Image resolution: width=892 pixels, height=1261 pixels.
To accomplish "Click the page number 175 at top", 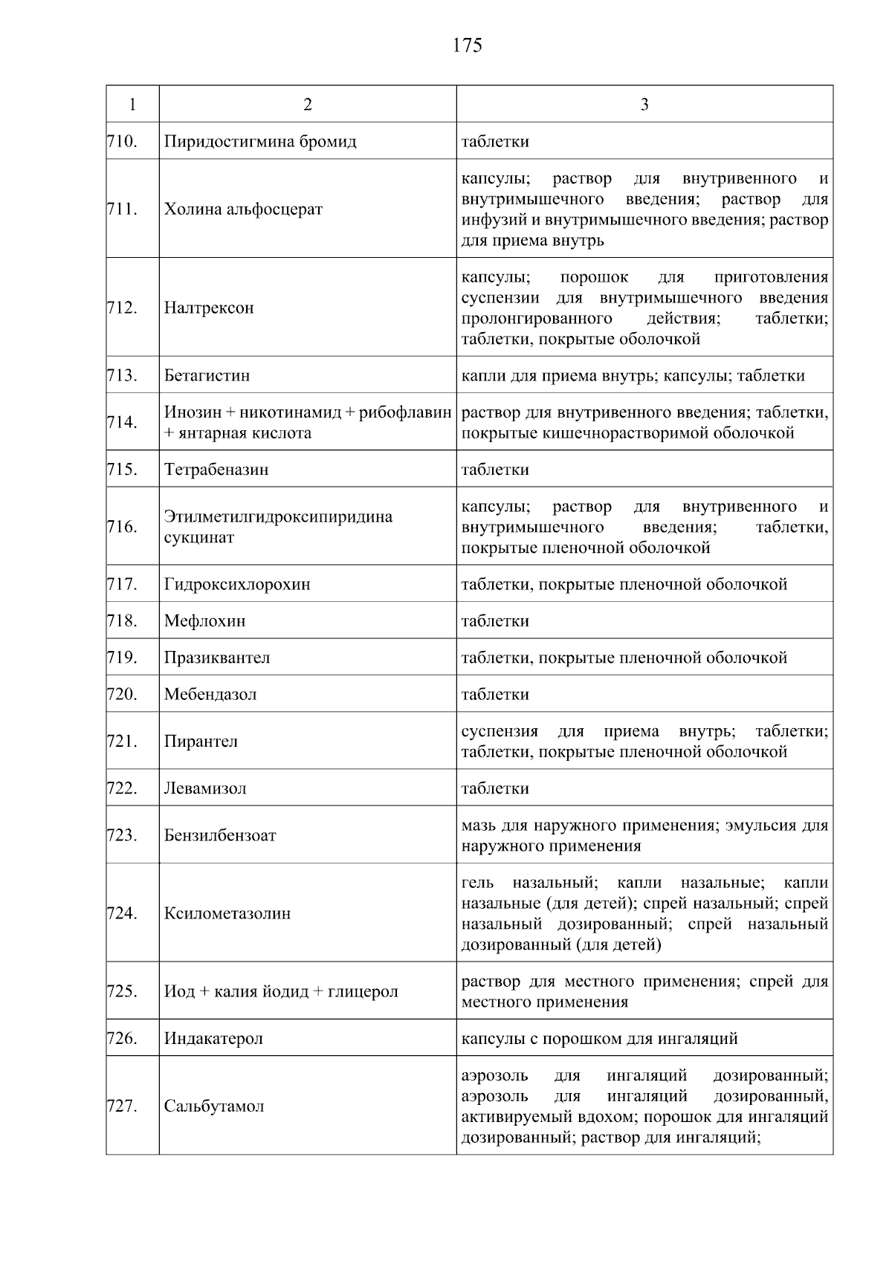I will (x=467, y=46).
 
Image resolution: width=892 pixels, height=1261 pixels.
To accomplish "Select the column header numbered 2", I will (x=308, y=104).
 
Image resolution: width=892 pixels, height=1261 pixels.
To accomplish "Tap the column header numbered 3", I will (x=644, y=104).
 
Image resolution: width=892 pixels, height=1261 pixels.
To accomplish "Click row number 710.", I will (x=123, y=141).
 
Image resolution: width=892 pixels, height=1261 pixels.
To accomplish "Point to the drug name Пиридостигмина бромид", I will (x=260, y=141).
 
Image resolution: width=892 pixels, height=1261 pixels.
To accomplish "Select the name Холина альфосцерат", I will (x=243, y=209).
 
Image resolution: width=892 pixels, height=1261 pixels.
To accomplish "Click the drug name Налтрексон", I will (x=209, y=308).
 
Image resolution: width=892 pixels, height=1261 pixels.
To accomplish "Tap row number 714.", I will (x=123, y=422).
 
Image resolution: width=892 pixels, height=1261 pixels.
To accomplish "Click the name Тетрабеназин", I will (x=216, y=470).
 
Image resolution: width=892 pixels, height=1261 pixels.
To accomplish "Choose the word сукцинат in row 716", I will (x=198, y=537).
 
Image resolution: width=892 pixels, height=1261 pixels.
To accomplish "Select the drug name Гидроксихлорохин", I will (x=237, y=584).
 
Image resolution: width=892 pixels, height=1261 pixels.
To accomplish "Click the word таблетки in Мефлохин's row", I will (x=495, y=620).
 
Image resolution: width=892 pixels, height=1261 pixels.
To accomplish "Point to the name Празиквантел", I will (x=217, y=658).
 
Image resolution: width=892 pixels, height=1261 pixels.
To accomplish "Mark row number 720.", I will (x=123, y=694).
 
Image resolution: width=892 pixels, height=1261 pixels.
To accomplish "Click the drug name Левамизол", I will (x=205, y=788).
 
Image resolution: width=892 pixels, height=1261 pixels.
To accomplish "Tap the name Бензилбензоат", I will (x=220, y=835).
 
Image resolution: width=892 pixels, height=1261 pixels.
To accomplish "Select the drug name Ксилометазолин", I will (x=227, y=913).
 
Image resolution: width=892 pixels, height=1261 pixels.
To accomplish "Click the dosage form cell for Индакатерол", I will (x=599, y=1038).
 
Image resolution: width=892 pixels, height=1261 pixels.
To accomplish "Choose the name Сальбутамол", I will (x=214, y=1106).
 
